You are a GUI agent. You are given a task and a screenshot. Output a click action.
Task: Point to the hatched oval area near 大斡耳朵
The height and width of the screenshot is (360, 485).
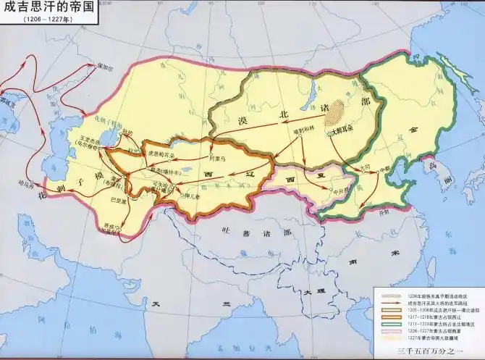334,112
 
